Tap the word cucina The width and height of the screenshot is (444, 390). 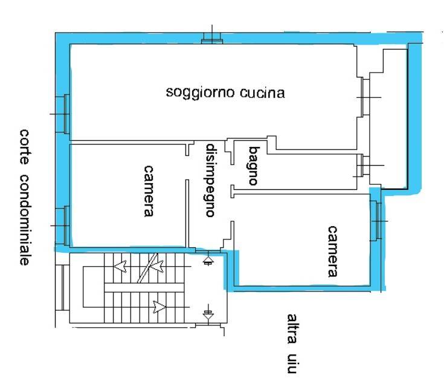(262, 94)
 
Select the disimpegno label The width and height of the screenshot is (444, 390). (210, 180)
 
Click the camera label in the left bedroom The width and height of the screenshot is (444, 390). (146, 190)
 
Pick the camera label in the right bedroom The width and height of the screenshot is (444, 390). (332, 251)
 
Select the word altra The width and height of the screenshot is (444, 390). (292, 330)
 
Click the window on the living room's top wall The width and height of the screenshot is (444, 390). (212, 41)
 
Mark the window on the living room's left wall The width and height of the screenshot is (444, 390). (65, 114)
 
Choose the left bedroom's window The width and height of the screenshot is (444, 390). (65, 224)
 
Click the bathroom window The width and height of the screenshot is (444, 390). (360, 165)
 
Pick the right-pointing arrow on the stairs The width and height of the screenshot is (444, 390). (159, 307)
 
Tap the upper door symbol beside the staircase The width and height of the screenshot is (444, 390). (208, 261)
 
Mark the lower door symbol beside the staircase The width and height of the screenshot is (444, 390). (208, 314)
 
